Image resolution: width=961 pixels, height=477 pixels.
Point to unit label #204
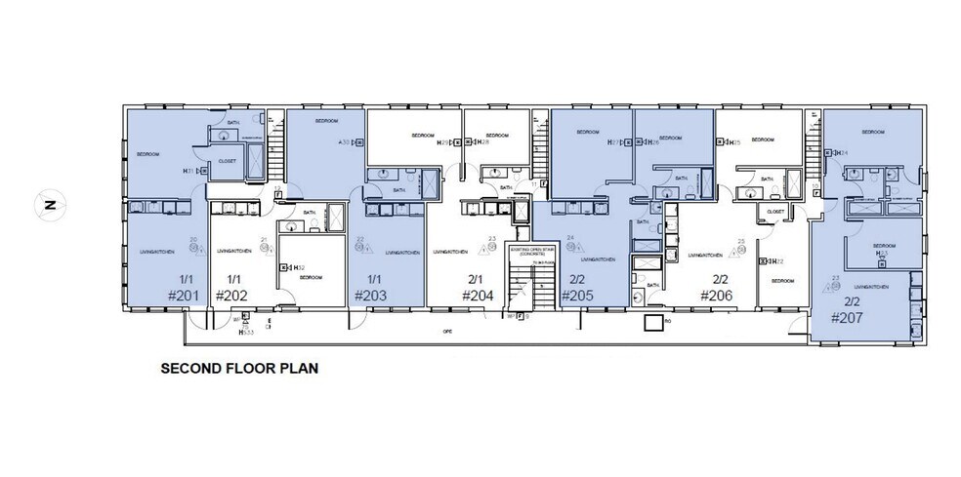(477, 296)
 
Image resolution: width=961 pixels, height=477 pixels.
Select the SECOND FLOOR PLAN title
(226, 370)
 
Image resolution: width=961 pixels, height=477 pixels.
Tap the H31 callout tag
(188, 171)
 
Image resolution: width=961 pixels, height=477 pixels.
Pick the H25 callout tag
(734, 143)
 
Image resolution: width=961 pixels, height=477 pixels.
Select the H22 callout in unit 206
(778, 261)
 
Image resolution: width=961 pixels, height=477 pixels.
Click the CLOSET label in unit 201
(227, 161)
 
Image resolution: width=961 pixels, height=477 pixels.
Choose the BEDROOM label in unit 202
(312, 277)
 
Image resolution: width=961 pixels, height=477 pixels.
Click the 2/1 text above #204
(476, 277)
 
